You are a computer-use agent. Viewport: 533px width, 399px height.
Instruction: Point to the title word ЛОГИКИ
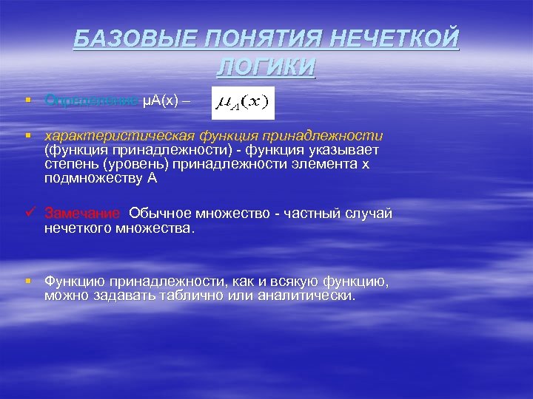tap(266, 66)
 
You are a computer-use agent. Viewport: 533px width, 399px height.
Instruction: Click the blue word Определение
tap(90, 100)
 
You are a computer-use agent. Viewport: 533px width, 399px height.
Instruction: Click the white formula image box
tap(243, 103)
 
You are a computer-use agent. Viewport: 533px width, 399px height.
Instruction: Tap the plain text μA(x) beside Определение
tap(160, 100)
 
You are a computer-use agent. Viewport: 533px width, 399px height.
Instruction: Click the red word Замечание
tap(81, 214)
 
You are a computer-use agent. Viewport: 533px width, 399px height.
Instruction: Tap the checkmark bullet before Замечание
tap(28, 214)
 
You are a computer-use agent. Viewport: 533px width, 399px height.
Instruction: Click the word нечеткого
tap(77, 228)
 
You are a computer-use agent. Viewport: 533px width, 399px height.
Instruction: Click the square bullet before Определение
tap(27, 100)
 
